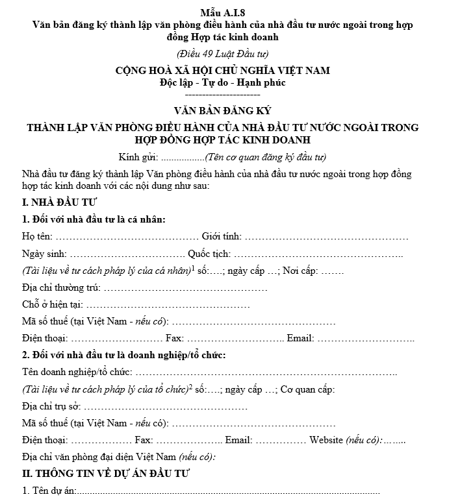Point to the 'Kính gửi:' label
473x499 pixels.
(x=138, y=157)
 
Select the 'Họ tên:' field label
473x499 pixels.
(x=38, y=237)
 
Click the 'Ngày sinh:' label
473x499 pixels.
(x=43, y=254)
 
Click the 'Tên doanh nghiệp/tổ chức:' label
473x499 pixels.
(x=77, y=372)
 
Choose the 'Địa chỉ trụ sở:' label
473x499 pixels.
(x=52, y=406)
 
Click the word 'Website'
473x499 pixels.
(x=326, y=440)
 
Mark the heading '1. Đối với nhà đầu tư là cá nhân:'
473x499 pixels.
(x=94, y=220)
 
